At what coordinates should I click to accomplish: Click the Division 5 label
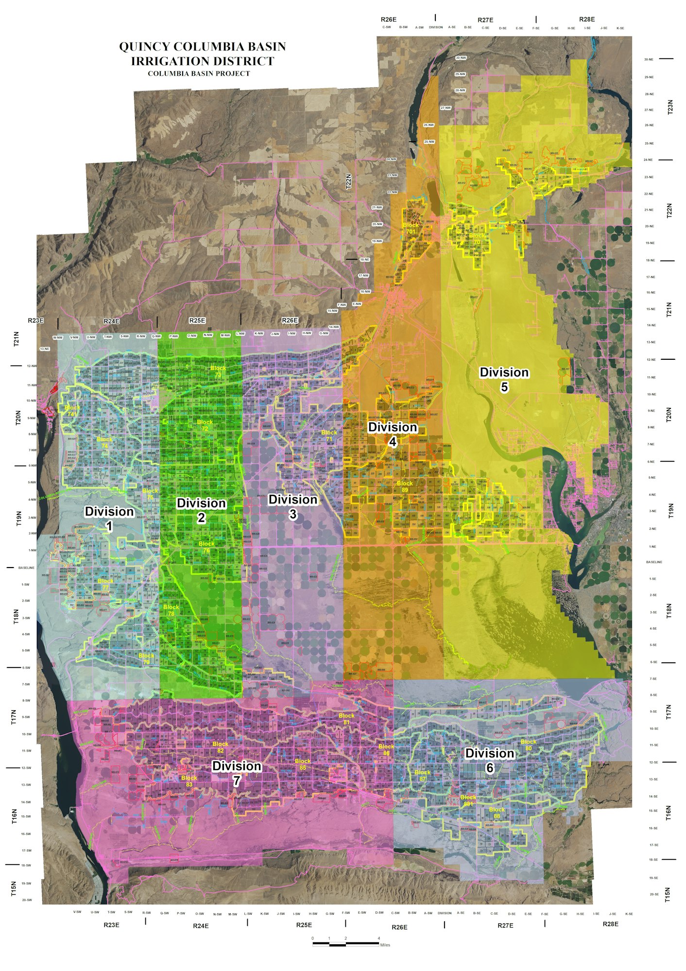coord(504,379)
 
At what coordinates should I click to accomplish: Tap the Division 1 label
coord(109,519)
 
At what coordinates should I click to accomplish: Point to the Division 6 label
coord(489,760)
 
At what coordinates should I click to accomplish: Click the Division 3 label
coord(292,506)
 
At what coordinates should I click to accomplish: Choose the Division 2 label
coord(201,510)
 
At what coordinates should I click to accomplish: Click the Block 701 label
coord(411,228)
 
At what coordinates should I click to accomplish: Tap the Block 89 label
coord(404,486)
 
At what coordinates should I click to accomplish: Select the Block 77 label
coord(105,584)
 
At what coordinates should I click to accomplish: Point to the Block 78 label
coord(171,610)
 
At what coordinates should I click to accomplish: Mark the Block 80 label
coord(528,745)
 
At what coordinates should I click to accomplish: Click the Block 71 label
coord(329,435)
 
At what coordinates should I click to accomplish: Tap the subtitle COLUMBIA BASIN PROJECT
coord(199,74)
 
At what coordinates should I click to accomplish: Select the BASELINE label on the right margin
coord(654,562)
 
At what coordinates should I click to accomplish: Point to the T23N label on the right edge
coord(671,107)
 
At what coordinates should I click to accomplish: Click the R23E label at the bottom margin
coord(111,925)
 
